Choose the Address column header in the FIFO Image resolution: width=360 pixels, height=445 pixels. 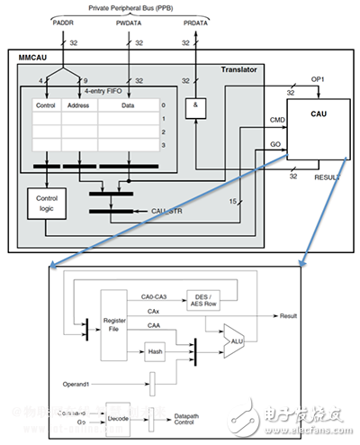click(x=76, y=105)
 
